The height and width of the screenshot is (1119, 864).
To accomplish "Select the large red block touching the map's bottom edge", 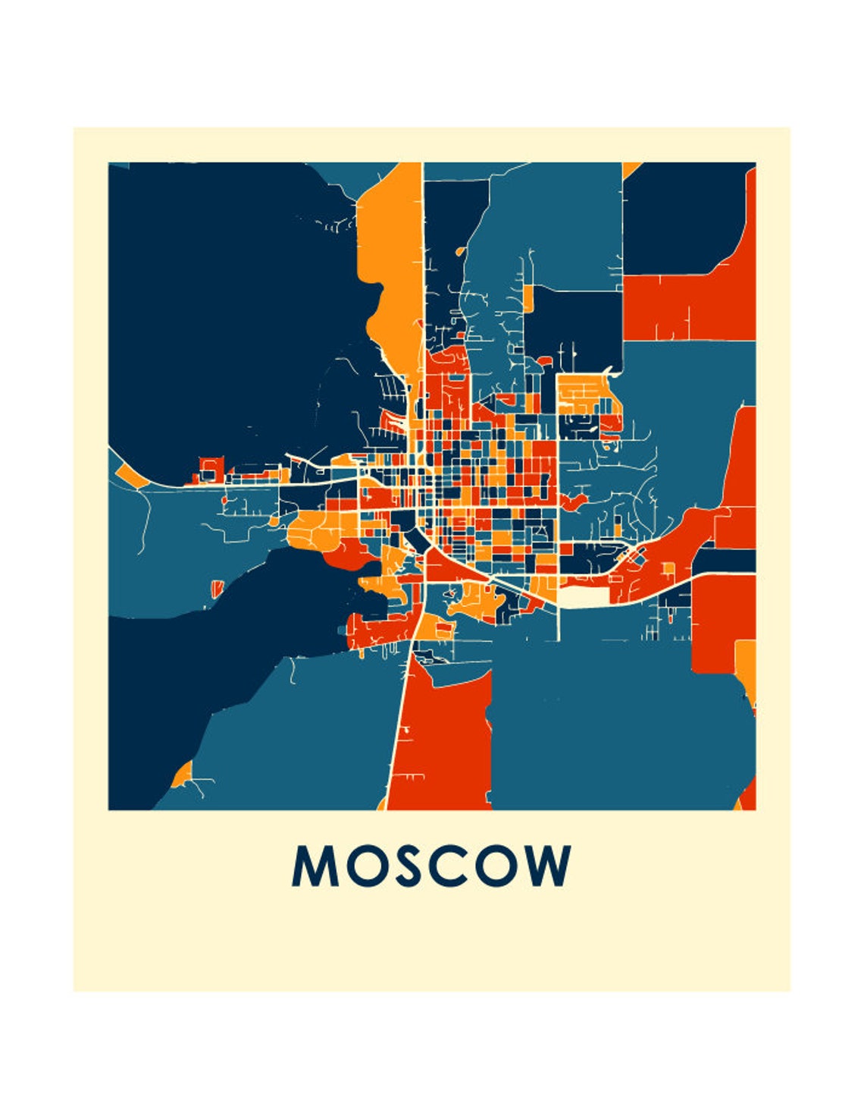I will tap(443, 743).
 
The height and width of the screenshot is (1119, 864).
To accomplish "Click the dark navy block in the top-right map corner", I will tap(678, 216).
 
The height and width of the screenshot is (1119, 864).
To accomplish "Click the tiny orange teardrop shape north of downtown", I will tap(459, 251).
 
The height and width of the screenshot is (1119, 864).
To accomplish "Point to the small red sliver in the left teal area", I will tap(218, 587).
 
